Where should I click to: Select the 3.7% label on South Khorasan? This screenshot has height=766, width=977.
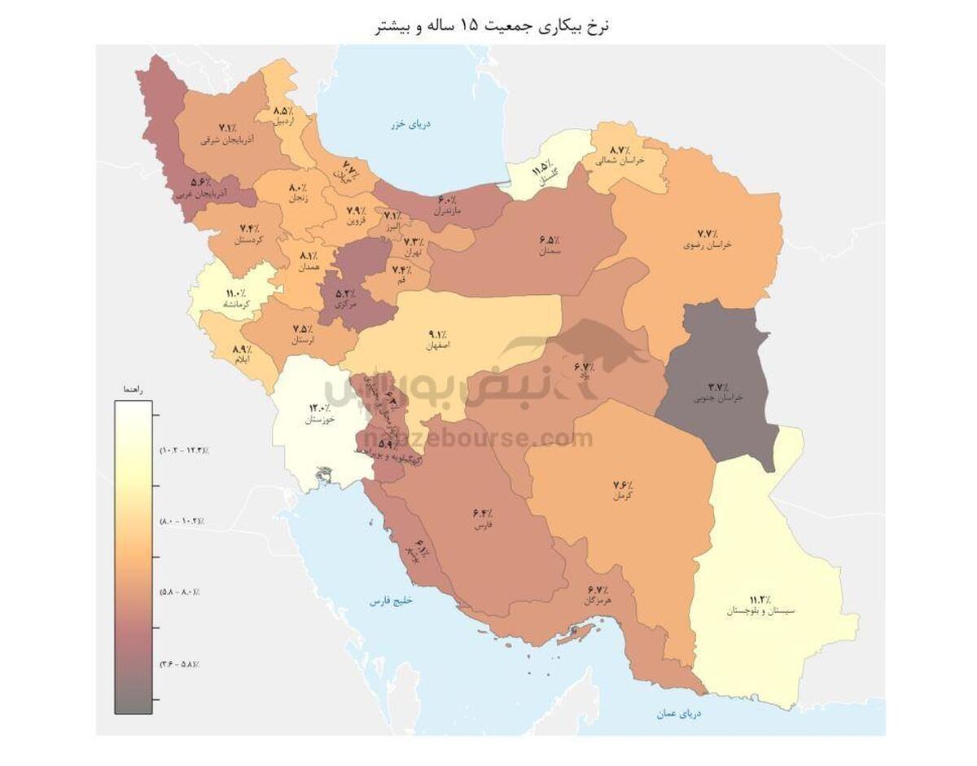pos(717,387)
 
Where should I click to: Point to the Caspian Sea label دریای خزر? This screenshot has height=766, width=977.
pos(410,125)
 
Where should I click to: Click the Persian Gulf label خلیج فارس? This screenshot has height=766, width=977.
pos(392,601)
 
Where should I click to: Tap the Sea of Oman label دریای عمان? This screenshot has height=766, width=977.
pos(679,713)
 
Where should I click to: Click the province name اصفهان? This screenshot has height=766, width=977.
pos(437,346)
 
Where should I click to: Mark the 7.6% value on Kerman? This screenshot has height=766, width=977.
pos(624,486)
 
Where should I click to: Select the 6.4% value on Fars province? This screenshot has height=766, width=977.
pos(482,514)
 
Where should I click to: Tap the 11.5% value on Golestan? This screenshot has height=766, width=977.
pos(538,169)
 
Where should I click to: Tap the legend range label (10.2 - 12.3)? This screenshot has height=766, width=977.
pos(183,450)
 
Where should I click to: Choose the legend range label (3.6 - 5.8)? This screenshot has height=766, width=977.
pos(180,664)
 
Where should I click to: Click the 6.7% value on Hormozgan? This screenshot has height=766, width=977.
pos(597,589)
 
